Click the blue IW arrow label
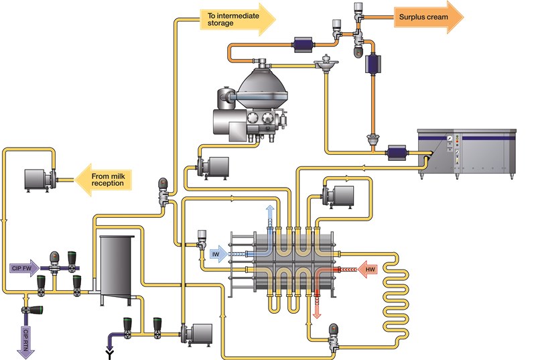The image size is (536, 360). [x=218, y=255]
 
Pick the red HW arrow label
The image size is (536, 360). [x=370, y=270]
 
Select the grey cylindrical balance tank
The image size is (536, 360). [x=117, y=268]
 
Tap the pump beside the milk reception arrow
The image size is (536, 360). [x=40, y=178]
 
